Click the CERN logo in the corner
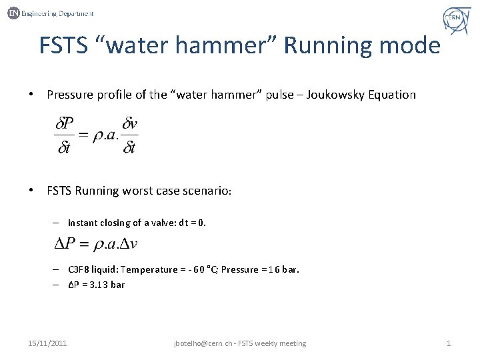tap(457, 20)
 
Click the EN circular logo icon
tap(13, 13)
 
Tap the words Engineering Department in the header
tap(58, 13)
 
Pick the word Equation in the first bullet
tap(393, 95)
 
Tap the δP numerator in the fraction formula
tap(65, 123)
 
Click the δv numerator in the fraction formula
tap(129, 123)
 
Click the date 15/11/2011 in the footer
tap(47, 343)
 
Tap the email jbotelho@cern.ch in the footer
tap(203, 343)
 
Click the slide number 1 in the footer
tap(449, 343)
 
